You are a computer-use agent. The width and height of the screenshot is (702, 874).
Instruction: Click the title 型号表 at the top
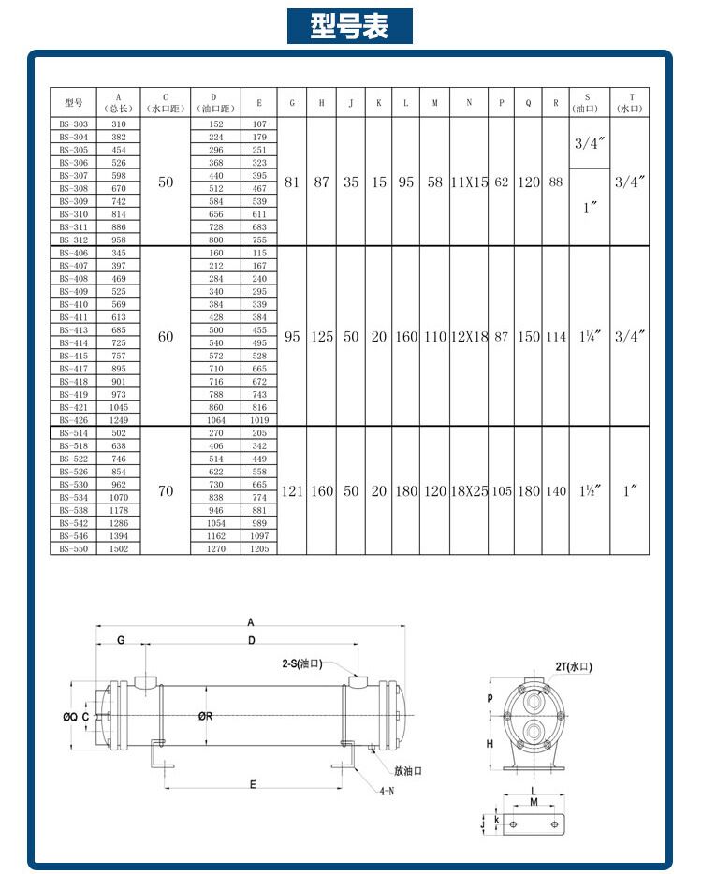(350, 26)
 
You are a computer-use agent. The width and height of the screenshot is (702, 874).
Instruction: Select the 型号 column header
(74, 102)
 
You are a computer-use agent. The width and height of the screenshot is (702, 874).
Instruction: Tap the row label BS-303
(74, 124)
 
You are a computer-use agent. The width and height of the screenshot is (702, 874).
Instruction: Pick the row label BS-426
(74, 420)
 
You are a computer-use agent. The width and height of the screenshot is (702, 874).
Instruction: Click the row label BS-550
(74, 549)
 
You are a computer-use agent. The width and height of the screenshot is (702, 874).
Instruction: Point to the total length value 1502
(119, 549)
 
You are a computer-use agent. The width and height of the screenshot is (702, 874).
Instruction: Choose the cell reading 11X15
(469, 182)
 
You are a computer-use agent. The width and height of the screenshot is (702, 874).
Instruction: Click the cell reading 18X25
(469, 491)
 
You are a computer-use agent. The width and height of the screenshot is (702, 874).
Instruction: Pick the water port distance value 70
(166, 491)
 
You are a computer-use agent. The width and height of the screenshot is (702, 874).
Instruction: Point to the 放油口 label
(408, 771)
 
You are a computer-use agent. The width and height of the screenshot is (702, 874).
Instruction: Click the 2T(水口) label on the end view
(573, 667)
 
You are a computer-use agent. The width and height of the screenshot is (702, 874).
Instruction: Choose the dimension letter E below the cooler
(254, 783)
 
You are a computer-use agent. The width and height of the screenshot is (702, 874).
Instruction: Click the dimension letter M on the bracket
(533, 802)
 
